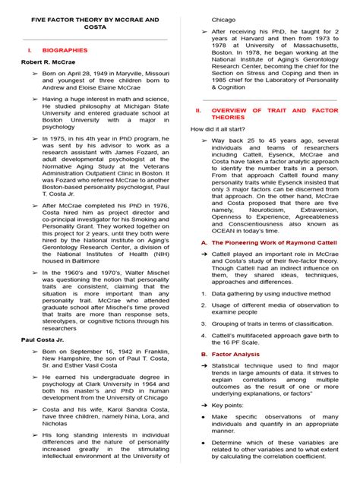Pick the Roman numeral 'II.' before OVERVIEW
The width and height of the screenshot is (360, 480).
click(198, 109)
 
